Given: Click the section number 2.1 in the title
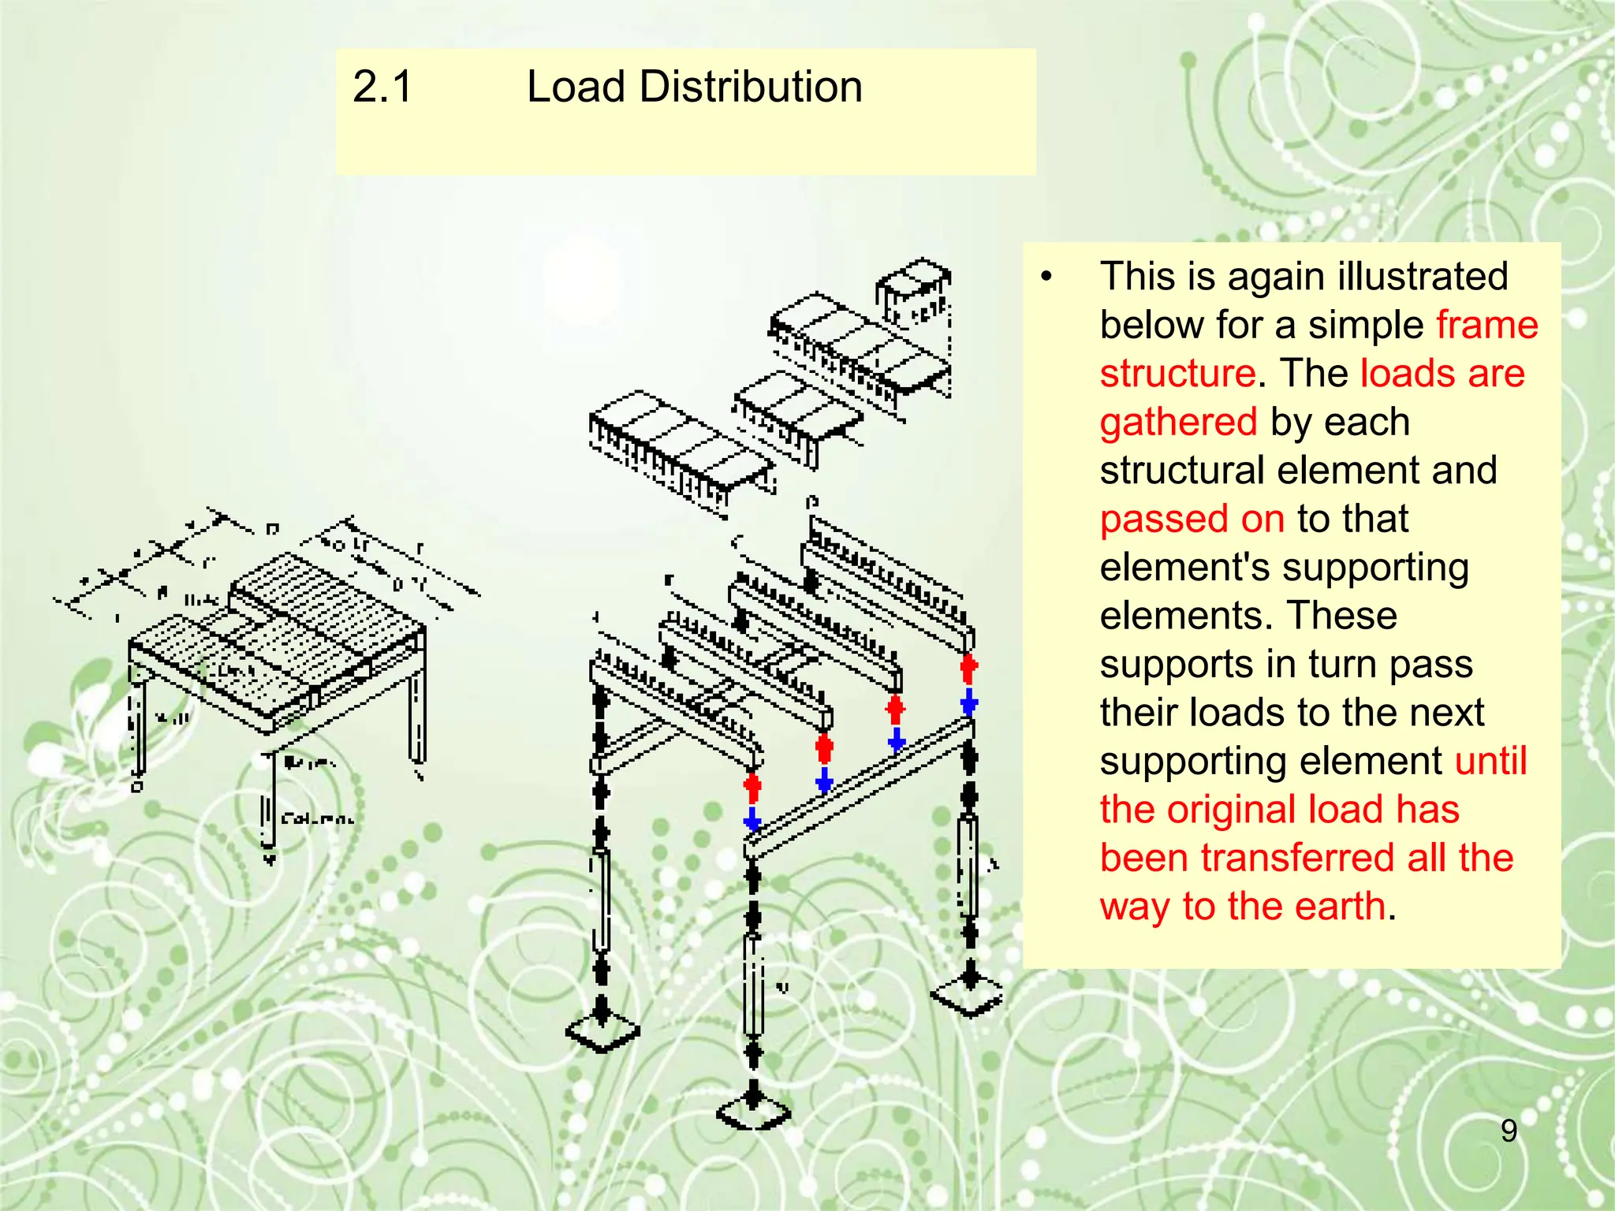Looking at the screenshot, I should pyautogui.click(x=382, y=87).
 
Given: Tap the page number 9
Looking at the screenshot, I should pyautogui.click(x=1509, y=1131).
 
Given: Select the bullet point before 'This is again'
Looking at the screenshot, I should pyautogui.click(x=1046, y=277).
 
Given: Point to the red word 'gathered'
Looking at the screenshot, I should pyautogui.click(x=1178, y=422).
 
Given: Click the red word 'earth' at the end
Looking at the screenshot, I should pyautogui.click(x=1340, y=906).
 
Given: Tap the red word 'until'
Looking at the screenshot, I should pyautogui.click(x=1490, y=761).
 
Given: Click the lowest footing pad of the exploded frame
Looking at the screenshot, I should pyautogui.click(x=753, y=1112).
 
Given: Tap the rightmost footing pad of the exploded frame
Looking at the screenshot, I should pyautogui.click(x=968, y=996).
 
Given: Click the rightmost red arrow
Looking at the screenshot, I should pyautogui.click(x=969, y=669).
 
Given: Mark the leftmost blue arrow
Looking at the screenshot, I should pyautogui.click(x=752, y=820).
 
